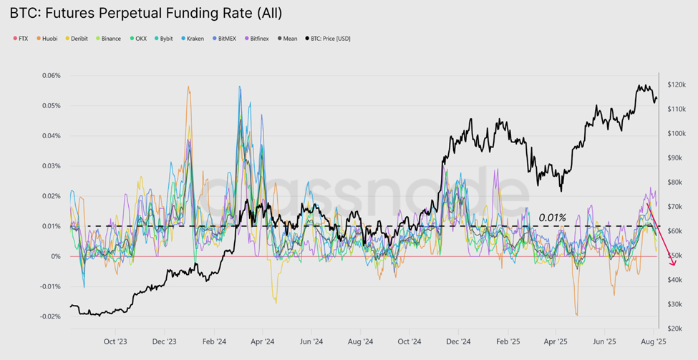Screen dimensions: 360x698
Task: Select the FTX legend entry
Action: pyautogui.click(x=21, y=39)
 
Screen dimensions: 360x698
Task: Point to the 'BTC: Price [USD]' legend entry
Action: pyautogui.click(x=329, y=39)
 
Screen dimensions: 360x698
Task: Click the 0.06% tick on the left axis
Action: pyautogui.click(x=51, y=76)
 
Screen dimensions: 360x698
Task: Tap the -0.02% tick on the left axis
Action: pyautogui.click(x=49, y=316)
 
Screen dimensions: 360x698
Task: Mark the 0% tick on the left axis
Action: pyautogui.click(x=55, y=256)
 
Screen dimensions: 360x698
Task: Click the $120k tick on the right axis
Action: pyautogui.click(x=677, y=85)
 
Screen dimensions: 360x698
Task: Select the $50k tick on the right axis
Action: pyautogui.click(x=677, y=256)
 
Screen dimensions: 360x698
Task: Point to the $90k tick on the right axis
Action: pyautogui.click(x=677, y=158)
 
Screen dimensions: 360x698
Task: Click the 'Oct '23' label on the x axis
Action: pyautogui.click(x=116, y=341)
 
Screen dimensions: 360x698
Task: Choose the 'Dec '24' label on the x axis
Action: pyautogui.click(x=458, y=341)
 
